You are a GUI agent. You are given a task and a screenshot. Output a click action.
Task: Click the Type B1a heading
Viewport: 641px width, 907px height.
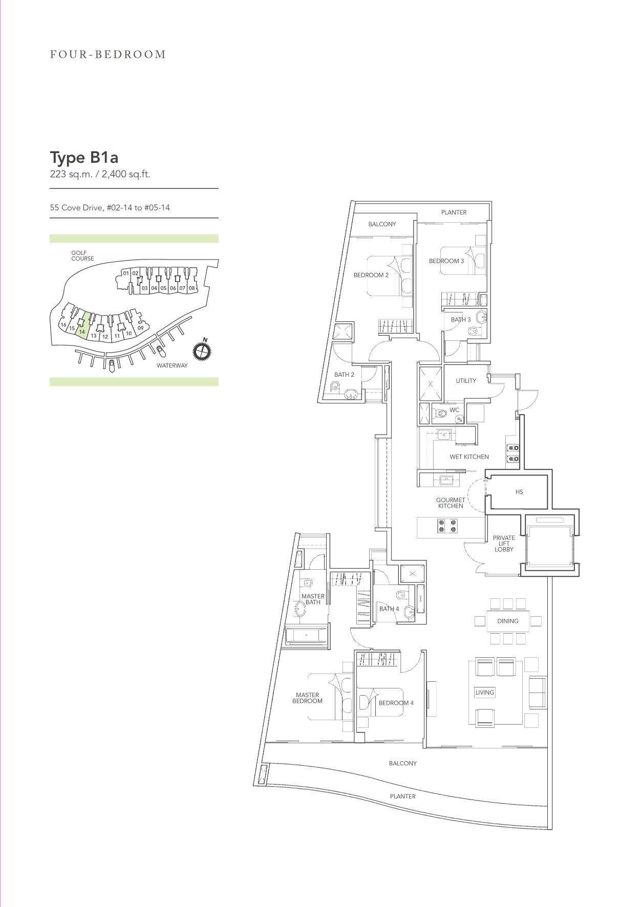click(x=84, y=157)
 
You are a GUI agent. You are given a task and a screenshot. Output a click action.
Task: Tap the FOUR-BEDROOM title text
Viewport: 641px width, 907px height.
click(x=108, y=54)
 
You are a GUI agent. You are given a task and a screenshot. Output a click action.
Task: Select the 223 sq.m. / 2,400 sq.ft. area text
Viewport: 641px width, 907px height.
click(x=100, y=174)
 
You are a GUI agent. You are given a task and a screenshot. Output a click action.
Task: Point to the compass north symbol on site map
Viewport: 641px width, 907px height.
click(x=202, y=351)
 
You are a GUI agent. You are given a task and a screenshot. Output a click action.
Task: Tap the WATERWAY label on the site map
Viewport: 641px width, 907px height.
click(x=172, y=365)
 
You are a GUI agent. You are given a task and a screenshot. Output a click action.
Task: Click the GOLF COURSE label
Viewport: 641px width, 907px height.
click(x=82, y=255)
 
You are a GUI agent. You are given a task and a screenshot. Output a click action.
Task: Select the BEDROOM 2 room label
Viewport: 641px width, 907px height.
click(x=371, y=275)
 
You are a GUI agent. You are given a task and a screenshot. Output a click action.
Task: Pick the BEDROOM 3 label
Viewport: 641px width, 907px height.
click(x=446, y=261)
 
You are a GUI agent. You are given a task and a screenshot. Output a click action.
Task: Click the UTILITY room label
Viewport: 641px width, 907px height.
click(x=466, y=381)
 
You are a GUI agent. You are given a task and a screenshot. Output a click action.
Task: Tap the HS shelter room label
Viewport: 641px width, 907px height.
click(x=519, y=492)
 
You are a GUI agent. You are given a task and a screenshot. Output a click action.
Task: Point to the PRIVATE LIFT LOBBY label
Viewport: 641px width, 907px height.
click(x=504, y=544)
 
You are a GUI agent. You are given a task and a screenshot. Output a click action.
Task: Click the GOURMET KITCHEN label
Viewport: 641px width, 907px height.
click(x=451, y=503)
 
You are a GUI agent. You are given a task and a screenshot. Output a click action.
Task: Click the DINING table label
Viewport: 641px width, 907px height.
click(x=508, y=621)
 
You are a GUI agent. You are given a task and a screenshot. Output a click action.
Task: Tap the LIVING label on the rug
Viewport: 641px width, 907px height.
click(x=485, y=693)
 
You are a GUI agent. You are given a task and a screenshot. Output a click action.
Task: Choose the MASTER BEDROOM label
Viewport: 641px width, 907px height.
click(x=307, y=698)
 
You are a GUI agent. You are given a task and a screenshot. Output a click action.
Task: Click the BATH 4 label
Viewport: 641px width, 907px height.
click(x=389, y=609)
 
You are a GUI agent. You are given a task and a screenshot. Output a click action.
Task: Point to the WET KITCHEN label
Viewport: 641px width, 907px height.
click(x=469, y=457)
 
